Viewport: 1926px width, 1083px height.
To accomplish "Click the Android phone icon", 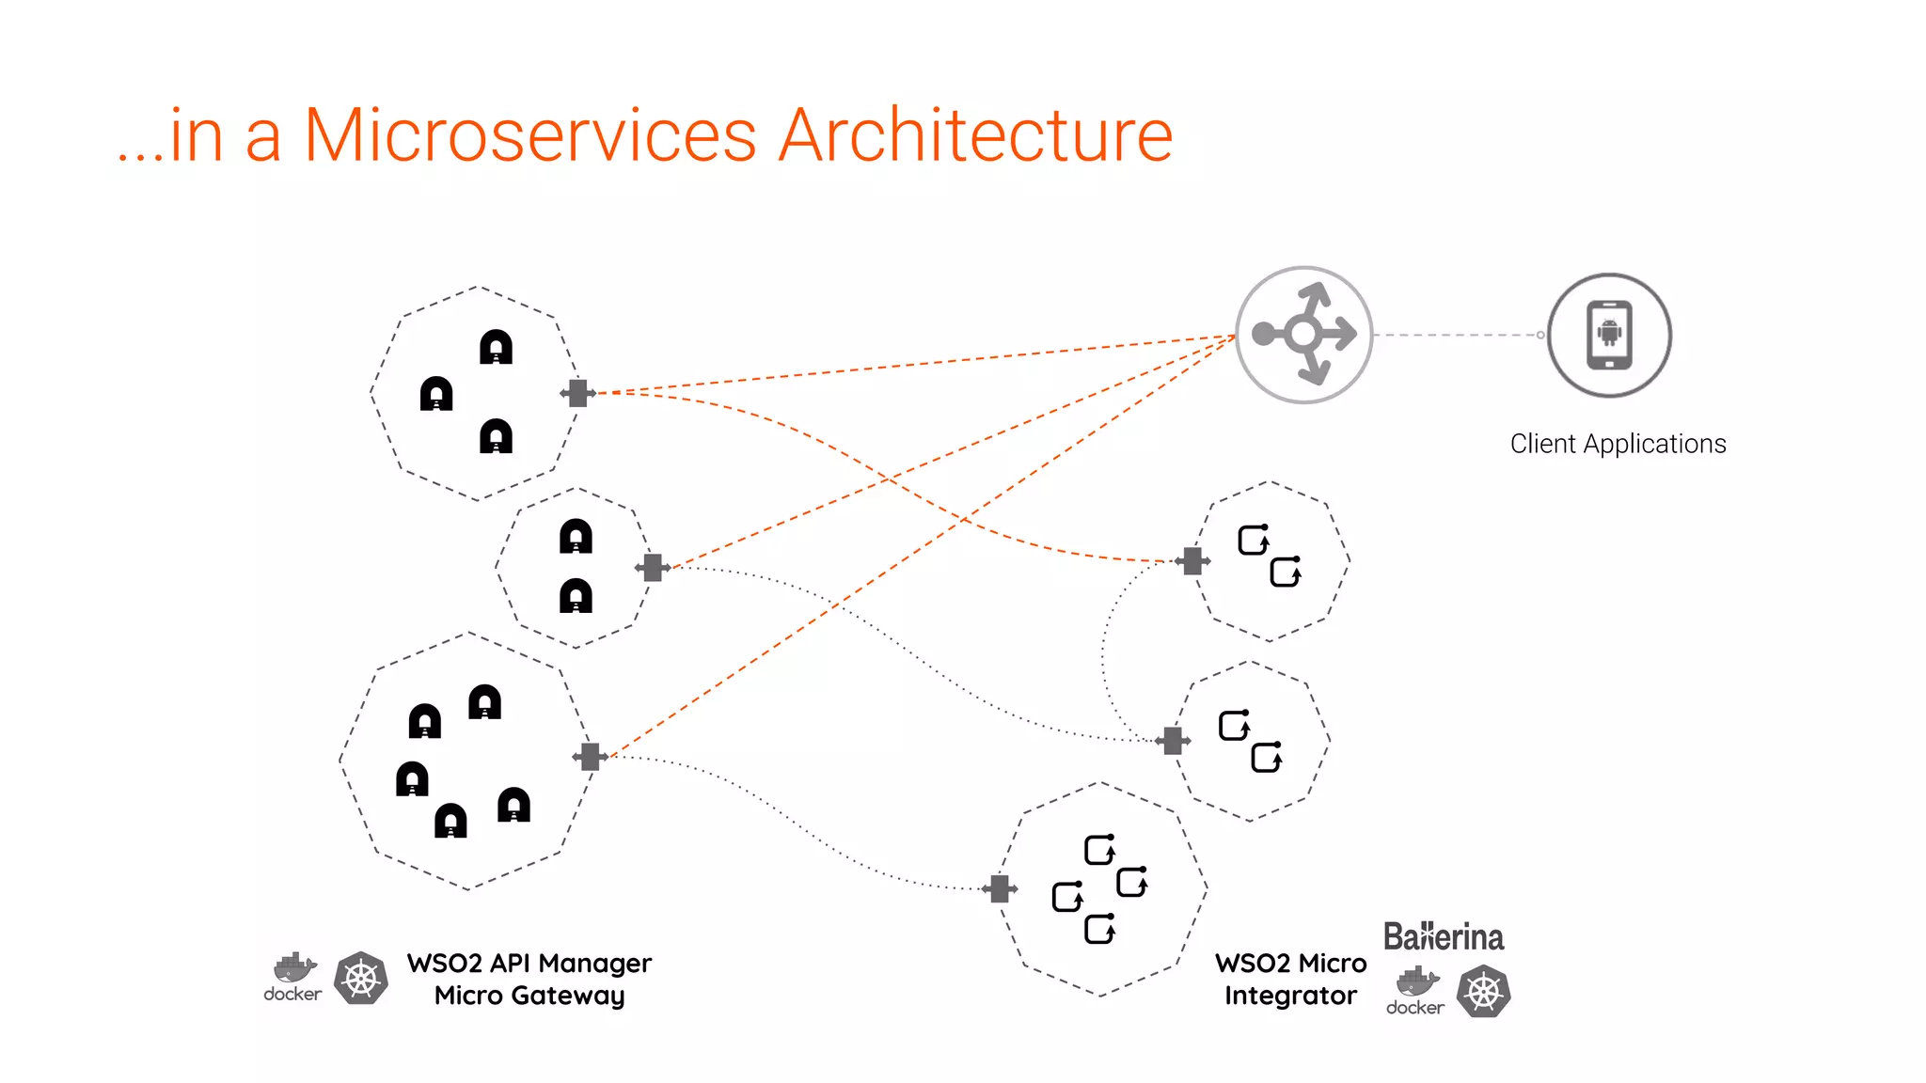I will click(1609, 336).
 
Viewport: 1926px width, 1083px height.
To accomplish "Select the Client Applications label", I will click(1618, 444).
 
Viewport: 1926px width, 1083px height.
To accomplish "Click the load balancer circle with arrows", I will click(1303, 335).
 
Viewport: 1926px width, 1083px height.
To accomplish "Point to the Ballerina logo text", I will click(1443, 937).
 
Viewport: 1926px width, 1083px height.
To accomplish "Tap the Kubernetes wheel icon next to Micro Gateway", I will click(361, 979).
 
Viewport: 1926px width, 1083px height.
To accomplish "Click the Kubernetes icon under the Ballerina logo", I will click(1483, 992).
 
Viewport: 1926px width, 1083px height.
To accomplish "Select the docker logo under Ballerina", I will click(1415, 991).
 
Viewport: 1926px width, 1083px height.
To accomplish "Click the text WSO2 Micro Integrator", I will click(1290, 979).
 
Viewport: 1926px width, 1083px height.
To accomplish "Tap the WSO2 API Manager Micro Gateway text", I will click(529, 979).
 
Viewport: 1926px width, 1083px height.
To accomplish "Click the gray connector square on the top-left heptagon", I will click(578, 393).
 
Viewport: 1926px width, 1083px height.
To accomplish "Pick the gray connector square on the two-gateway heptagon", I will click(653, 568).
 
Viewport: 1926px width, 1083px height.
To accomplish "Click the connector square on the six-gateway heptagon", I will click(590, 757).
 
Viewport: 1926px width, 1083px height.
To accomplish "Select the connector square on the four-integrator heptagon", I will click(1000, 888).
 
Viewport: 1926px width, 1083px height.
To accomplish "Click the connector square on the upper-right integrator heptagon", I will click(1192, 561).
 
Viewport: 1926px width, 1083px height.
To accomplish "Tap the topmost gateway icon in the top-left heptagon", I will click(496, 347).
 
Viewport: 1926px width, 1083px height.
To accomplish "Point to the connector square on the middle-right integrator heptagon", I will click(1173, 741).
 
